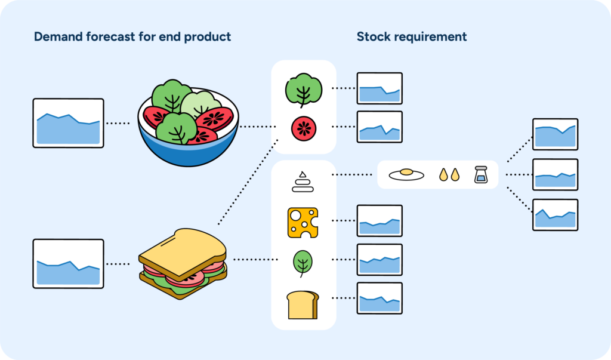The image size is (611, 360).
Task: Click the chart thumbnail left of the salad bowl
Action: coord(68,123)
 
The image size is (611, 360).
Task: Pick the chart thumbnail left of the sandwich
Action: coord(68,263)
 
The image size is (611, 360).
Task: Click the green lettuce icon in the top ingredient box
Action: coord(304,89)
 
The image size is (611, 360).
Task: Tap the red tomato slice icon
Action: coord(304,128)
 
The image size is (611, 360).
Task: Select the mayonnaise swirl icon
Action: coord(303,181)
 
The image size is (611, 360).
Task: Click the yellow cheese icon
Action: coord(303,222)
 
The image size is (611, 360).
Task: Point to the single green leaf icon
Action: coord(303,262)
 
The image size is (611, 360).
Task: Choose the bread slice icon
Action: coord(303,304)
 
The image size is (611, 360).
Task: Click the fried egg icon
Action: coord(406,174)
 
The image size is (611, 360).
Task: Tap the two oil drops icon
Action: coord(449,174)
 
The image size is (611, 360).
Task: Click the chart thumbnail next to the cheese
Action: coord(379,221)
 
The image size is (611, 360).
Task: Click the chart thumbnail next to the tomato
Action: coord(379,127)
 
